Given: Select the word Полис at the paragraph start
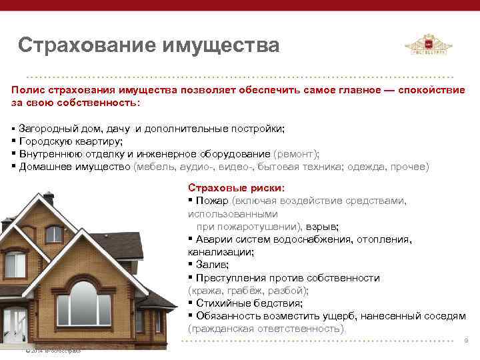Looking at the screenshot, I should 27,91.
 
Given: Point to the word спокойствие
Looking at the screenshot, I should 433,91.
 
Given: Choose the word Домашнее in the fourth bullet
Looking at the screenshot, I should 44,166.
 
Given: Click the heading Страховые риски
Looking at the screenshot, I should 236,187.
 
